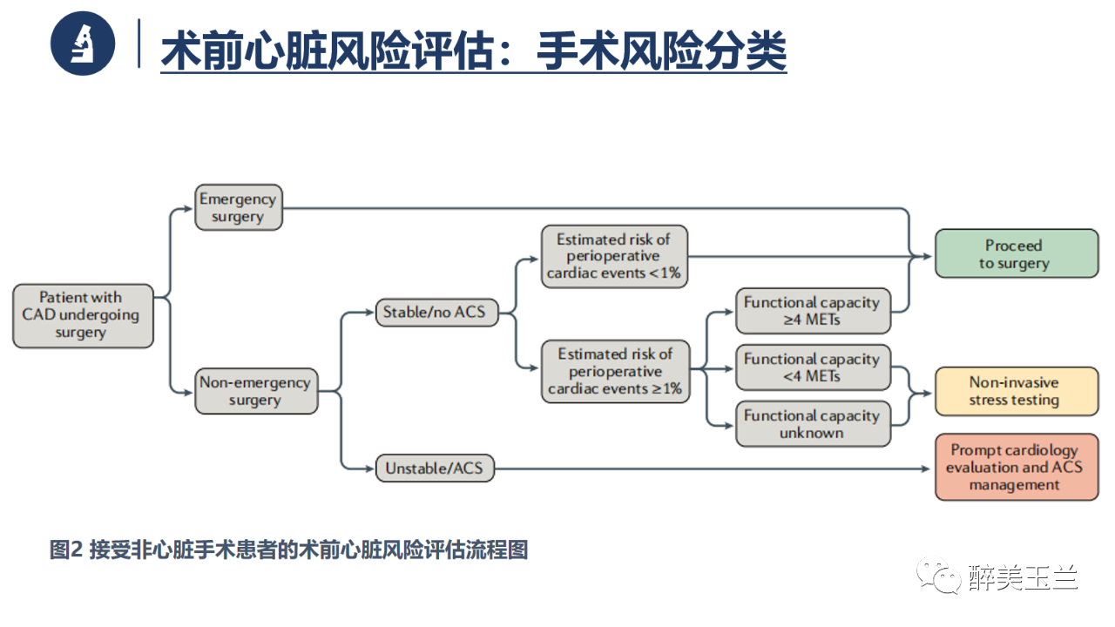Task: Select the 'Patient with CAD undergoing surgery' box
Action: [83, 315]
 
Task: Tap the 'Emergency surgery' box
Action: [238, 207]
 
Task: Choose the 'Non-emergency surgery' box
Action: [255, 391]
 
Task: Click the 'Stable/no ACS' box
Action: [436, 312]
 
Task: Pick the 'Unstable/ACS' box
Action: [434, 469]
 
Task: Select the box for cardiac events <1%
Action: [615, 256]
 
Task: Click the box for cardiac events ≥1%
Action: [615, 372]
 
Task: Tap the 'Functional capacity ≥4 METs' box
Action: [812, 311]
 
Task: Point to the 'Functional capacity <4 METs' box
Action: [812, 367]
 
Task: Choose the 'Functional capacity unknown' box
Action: [812, 424]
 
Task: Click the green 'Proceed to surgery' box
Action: [1016, 254]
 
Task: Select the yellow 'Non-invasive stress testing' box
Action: [1016, 391]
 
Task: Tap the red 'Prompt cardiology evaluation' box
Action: [1016, 468]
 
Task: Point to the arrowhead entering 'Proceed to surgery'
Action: [928, 256]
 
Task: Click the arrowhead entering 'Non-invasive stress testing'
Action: [928, 392]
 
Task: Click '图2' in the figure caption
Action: [65, 550]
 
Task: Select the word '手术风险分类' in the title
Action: [661, 51]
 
